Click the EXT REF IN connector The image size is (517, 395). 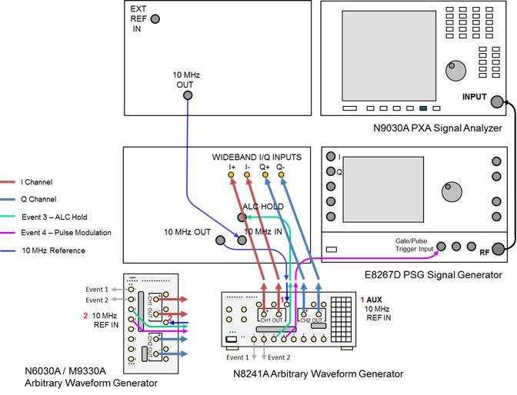156,19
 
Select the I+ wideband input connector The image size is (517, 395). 231,176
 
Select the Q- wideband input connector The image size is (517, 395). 281,176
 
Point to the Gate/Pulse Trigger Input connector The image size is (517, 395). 441,247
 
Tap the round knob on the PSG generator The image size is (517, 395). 448,190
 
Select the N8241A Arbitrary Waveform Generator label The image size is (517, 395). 318,374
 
